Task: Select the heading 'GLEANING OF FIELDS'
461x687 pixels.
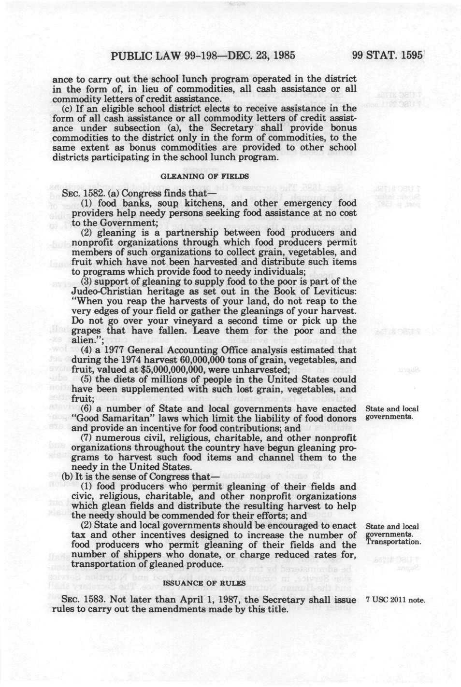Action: (204, 176)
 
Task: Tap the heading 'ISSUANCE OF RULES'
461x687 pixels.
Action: (204, 583)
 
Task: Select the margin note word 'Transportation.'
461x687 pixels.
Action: (393, 542)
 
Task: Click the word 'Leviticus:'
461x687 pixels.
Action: (333, 291)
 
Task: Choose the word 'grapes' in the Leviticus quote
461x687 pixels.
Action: (87, 331)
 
